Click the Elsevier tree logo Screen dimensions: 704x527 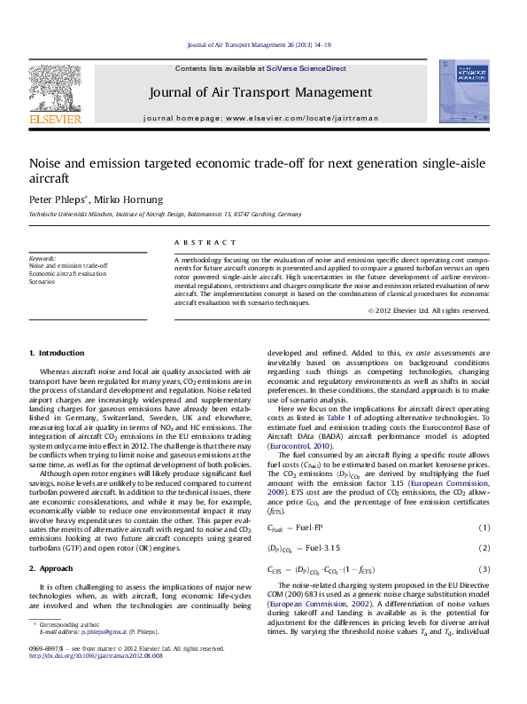pos(55,89)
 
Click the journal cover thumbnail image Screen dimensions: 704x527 pos(463,91)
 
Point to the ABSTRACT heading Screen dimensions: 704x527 pos(195,242)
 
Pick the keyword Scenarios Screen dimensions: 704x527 pos(45,282)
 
